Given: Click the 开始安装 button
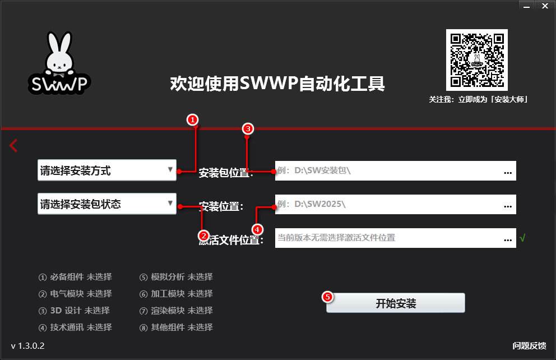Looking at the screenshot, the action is [x=396, y=303].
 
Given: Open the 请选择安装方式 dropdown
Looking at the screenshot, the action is [x=107, y=170].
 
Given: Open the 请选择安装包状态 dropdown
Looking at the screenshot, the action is [x=107, y=204].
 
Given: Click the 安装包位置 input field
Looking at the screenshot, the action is [x=387, y=170].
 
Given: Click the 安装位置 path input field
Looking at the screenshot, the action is [x=387, y=204].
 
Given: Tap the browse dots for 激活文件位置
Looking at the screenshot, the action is [x=508, y=239].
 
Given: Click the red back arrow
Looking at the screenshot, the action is [x=13, y=146].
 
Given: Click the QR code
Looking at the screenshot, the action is [x=476, y=60].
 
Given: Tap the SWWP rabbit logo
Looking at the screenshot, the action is [x=59, y=64].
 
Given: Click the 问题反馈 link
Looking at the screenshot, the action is [x=529, y=345].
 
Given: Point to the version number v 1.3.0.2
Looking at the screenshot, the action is [x=27, y=345].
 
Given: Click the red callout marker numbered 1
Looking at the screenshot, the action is [x=192, y=119].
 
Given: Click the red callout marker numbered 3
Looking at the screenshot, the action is [x=248, y=128].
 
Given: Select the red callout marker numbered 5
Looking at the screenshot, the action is [x=328, y=297].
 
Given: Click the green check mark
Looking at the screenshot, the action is [x=522, y=238].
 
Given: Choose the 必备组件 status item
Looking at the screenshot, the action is [x=75, y=276].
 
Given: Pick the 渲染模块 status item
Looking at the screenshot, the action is [x=176, y=310].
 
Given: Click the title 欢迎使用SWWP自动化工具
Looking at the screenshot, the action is [x=277, y=84].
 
